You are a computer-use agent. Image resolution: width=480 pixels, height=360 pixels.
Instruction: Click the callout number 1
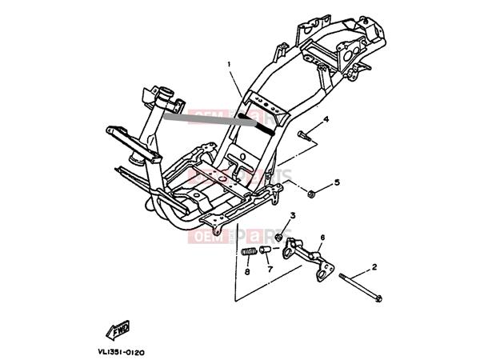point(229,64)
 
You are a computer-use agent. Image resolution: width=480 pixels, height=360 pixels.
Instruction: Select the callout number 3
point(293,215)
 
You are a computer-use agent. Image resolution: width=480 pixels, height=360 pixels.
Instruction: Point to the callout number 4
point(326,119)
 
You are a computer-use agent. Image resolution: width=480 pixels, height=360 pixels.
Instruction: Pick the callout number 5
point(337,182)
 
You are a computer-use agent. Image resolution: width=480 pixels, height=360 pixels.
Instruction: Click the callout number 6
point(322,238)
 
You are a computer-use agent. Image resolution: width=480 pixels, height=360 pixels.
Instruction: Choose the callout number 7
point(270,269)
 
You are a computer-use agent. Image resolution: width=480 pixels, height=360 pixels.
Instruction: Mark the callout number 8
point(247,272)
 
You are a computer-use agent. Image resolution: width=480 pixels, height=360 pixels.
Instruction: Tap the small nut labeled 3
point(279,237)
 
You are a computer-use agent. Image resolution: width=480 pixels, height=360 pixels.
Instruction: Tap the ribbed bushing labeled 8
point(250,255)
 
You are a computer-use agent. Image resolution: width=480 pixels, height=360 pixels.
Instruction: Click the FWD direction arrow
point(118,329)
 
